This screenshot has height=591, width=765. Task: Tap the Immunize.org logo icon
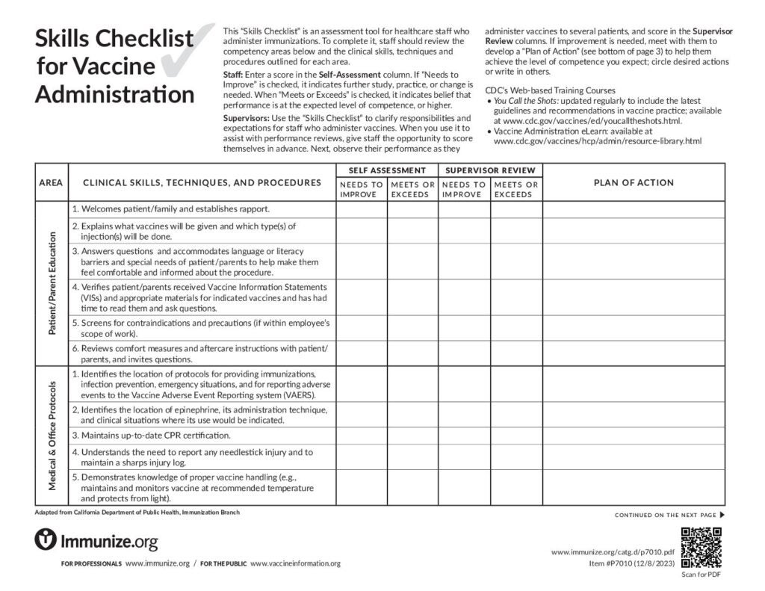[46, 539]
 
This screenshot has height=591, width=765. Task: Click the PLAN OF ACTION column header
[633, 182]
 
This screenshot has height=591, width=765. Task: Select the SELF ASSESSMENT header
[387, 170]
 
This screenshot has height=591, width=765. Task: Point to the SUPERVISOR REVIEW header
[490, 170]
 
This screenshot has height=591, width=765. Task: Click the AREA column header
[51, 182]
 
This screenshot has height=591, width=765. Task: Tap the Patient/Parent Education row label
[52, 283]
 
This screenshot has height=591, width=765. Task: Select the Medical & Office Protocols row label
[52, 436]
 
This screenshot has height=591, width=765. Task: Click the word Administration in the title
[114, 95]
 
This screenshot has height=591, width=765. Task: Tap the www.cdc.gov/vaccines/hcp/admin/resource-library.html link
[598, 140]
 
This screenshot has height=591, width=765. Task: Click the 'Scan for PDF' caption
[701, 575]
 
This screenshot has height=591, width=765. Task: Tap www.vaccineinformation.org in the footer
[295, 563]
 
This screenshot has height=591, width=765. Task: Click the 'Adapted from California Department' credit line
[138, 513]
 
